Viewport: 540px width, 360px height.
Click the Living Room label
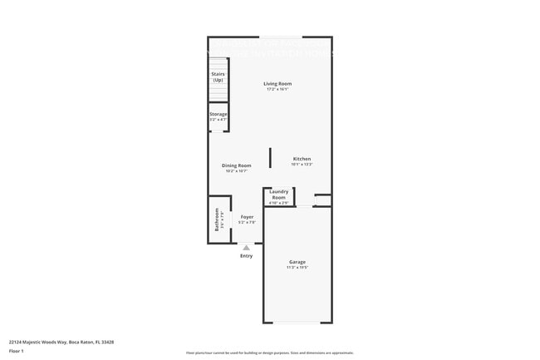(277, 84)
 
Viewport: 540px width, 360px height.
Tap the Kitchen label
(302, 159)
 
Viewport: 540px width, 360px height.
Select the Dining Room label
(237, 165)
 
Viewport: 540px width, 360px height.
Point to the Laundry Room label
(278, 194)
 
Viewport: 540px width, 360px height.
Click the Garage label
(297, 262)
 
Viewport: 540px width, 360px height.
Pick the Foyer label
(247, 217)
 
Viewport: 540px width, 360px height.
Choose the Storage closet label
(218, 114)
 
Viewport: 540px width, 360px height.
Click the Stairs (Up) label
(218, 76)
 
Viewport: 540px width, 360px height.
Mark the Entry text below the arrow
(246, 256)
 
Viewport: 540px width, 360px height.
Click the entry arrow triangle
(246, 247)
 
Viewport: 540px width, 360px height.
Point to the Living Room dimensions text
(277, 90)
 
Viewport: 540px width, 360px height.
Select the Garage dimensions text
(297, 268)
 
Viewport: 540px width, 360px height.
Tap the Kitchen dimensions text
(302, 165)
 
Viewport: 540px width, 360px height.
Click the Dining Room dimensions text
(237, 171)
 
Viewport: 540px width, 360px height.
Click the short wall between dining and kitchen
(270, 158)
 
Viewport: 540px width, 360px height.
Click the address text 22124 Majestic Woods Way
(61, 342)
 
